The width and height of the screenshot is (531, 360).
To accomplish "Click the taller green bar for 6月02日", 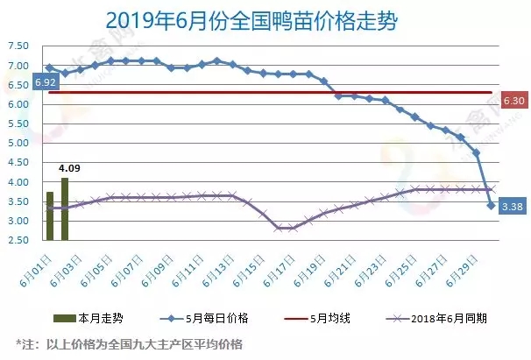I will (x=65, y=208).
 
